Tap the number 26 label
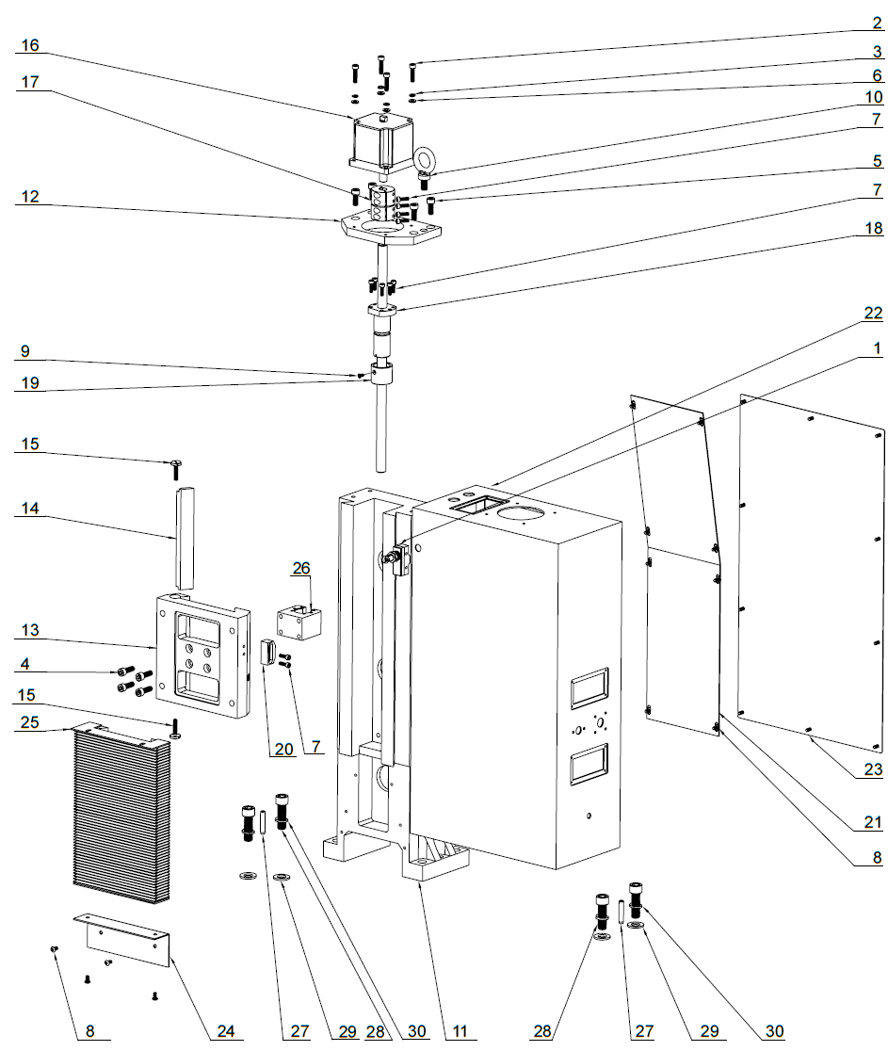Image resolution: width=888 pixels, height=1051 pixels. pyautogui.click(x=300, y=569)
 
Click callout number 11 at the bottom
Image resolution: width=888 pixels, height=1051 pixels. pyautogui.click(x=460, y=1031)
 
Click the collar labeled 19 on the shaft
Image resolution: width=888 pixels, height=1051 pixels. pyautogui.click(x=382, y=375)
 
